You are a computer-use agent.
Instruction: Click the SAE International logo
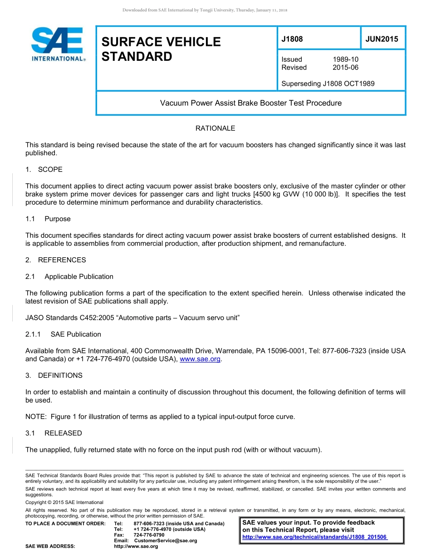[x=58, y=44]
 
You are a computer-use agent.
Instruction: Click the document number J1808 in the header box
[x=292, y=39]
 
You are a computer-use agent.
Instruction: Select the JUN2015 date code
[x=382, y=39]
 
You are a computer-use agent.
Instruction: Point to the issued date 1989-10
[x=345, y=59]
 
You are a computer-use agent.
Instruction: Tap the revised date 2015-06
[x=345, y=68]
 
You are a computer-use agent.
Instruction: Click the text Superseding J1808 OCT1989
[x=328, y=83]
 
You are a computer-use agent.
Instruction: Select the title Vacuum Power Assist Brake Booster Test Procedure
[x=250, y=103]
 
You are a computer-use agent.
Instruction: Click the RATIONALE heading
[x=215, y=128]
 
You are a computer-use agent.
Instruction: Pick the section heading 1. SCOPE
[x=44, y=170]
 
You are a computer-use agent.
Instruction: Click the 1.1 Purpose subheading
[x=48, y=219]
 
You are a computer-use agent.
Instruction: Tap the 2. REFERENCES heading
[x=55, y=260]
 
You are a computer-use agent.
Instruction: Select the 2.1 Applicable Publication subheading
[x=69, y=277]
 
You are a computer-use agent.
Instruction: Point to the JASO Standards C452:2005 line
[x=132, y=318]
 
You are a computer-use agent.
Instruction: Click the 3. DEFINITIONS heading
[x=54, y=376]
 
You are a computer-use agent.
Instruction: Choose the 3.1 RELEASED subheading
[x=54, y=433]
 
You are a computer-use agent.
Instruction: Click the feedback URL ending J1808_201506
[x=314, y=537]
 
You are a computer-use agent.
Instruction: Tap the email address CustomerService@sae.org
[x=166, y=541]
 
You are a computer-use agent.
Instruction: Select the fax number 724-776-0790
[x=149, y=535]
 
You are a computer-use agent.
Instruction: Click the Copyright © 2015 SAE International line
[x=64, y=502]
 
